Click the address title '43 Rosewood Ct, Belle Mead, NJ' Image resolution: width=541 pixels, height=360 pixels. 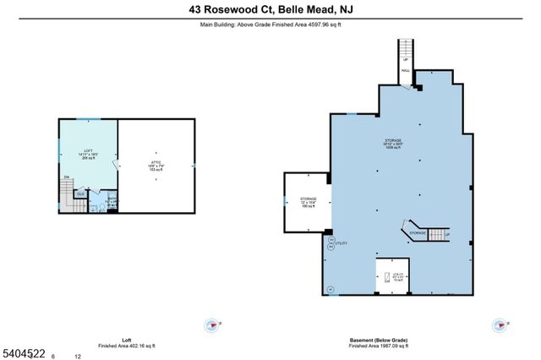[x=270, y=10]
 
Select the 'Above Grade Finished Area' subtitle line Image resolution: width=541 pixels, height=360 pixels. [x=270, y=25]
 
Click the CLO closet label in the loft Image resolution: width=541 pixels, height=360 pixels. [x=80, y=194]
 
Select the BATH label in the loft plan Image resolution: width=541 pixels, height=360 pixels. [x=112, y=199]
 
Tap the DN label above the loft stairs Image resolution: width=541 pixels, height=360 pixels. [x=66, y=177]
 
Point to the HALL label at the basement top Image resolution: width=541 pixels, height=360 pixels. [x=407, y=71]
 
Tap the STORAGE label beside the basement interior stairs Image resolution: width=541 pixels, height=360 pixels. [x=418, y=232]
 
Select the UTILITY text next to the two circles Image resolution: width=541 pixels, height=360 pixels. [x=342, y=243]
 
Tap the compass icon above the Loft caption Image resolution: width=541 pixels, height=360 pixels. [x=210, y=325]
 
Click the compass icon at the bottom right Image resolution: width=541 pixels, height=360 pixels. [x=500, y=325]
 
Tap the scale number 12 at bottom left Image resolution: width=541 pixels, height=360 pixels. [x=78, y=356]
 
